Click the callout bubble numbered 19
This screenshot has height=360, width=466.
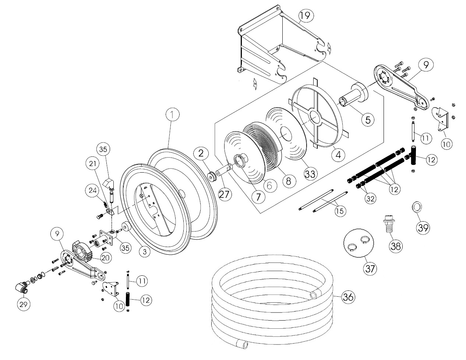click(x=306, y=15)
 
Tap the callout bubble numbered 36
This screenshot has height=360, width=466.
click(x=348, y=297)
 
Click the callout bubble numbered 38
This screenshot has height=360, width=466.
click(x=395, y=246)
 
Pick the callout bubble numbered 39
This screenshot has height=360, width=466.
click(x=423, y=227)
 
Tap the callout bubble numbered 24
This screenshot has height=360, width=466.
click(x=92, y=191)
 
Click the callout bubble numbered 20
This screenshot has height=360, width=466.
click(x=105, y=258)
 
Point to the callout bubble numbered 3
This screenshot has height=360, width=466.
click(x=145, y=252)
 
